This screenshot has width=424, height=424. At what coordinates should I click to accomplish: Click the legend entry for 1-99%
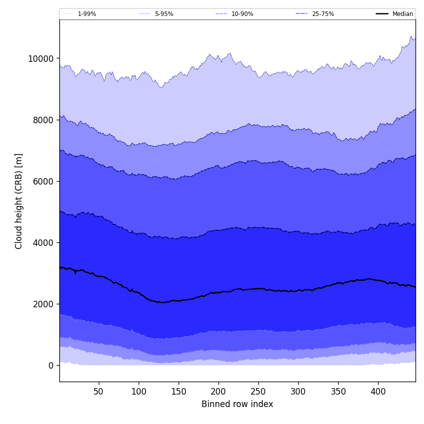click(87, 14)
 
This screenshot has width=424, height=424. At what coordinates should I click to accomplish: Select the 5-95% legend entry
click(164, 14)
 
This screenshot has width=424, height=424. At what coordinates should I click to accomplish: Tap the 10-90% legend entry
click(242, 14)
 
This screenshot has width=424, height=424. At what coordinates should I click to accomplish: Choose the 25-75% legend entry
click(323, 14)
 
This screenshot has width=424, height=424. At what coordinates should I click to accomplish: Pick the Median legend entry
click(403, 14)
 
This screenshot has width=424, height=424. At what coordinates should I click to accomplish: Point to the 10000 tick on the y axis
click(40, 58)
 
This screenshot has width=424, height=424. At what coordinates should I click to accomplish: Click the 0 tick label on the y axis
click(50, 365)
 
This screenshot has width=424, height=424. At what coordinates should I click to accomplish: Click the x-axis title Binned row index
click(237, 404)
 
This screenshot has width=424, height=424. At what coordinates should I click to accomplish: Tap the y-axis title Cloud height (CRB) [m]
click(19, 201)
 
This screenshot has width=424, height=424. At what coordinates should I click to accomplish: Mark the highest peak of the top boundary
click(411, 36)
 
